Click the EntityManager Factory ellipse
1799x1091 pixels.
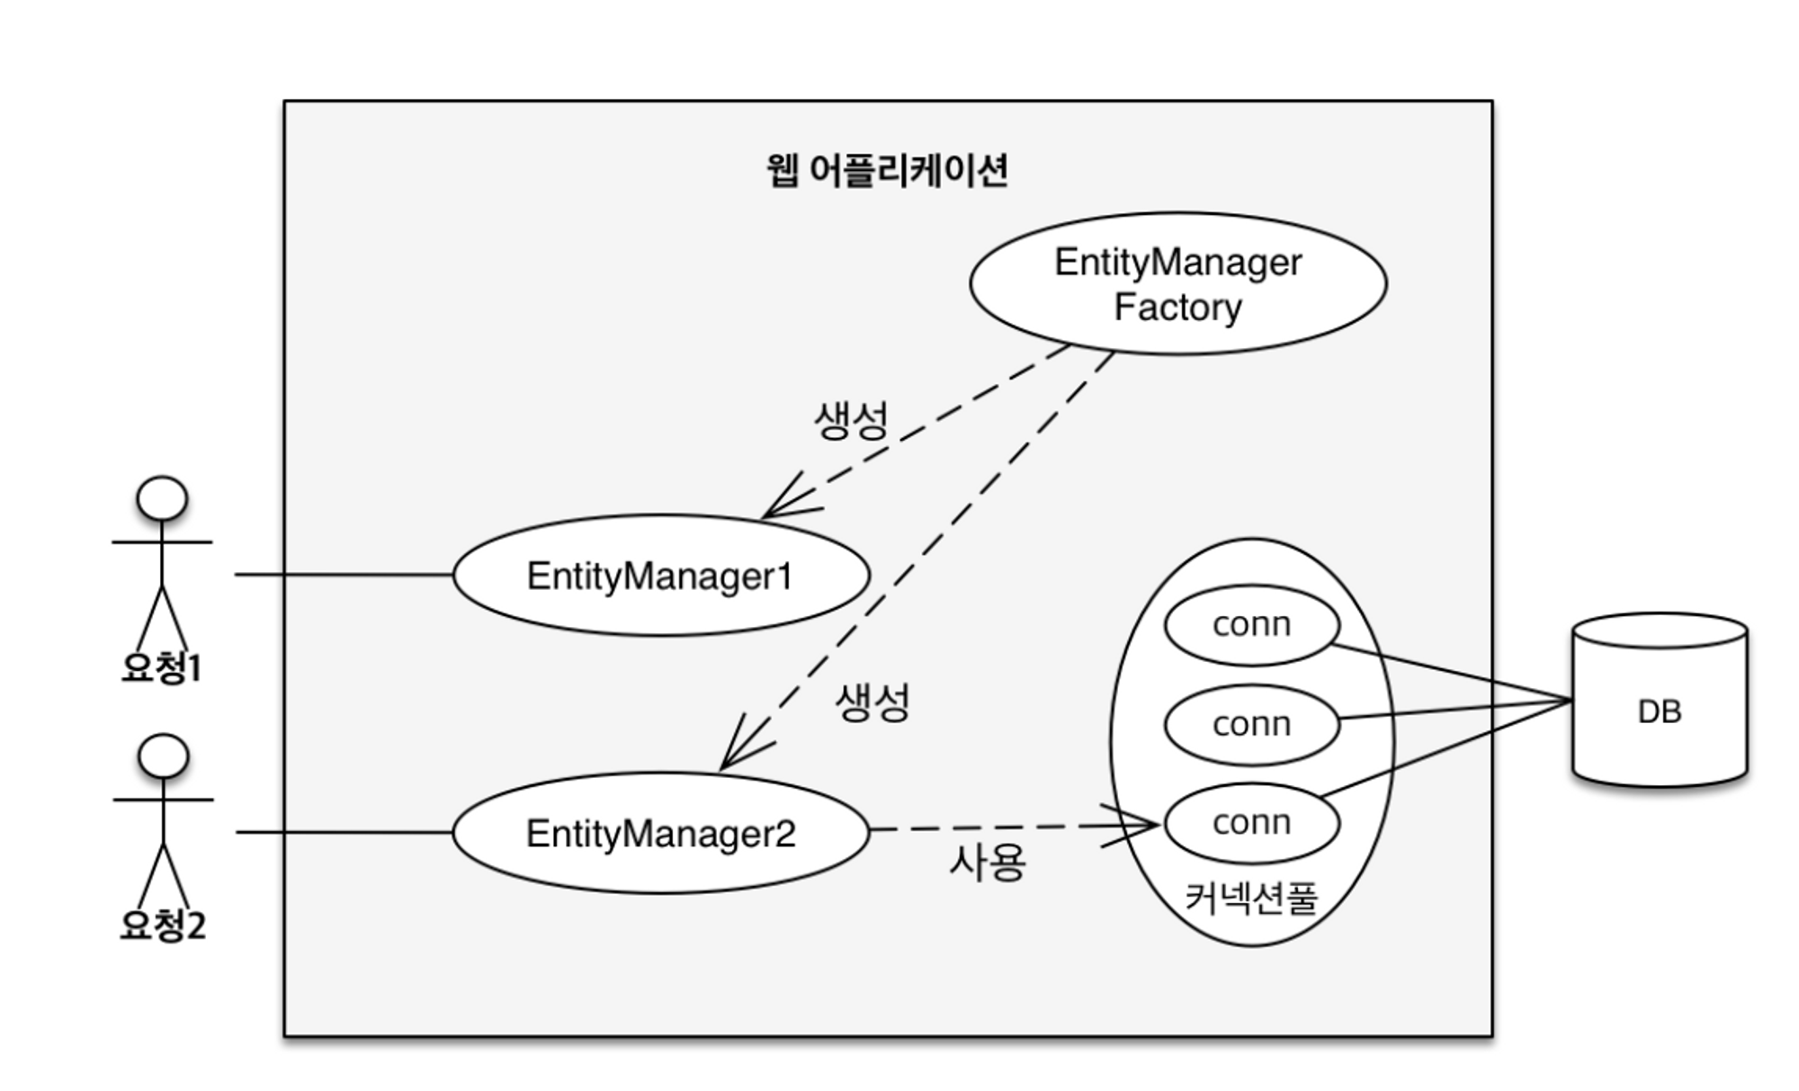[x=1177, y=283]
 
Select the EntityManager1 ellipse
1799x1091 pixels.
[x=660, y=576]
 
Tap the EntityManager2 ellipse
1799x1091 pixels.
[x=660, y=833]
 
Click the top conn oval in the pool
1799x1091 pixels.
[x=1251, y=625]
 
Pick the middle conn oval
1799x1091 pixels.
[x=1251, y=724]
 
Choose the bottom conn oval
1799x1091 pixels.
[x=1251, y=822]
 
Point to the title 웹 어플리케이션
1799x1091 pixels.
[x=887, y=170]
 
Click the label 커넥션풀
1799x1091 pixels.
[x=1251, y=897]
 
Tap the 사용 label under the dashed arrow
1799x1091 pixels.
[x=987, y=863]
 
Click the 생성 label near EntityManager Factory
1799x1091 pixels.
[x=851, y=420]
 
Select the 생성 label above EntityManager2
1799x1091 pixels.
[x=873, y=702]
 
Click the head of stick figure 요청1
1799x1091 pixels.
[x=162, y=499]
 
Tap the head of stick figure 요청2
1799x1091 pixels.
[x=164, y=756]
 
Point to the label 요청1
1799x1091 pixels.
[x=162, y=667]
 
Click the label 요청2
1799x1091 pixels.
[x=163, y=925]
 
